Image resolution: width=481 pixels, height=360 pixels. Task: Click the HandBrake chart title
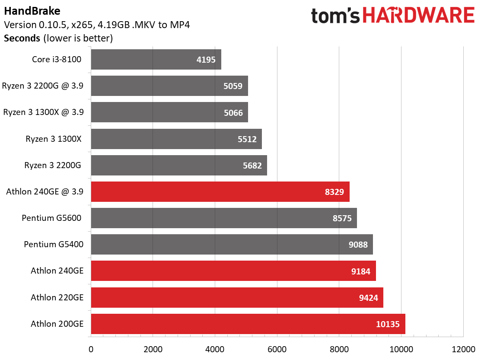[32, 11]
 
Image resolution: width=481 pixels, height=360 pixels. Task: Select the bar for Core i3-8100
[156, 60]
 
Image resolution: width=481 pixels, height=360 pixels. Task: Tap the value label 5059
[233, 86]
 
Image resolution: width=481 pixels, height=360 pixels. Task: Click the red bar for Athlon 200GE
[248, 324]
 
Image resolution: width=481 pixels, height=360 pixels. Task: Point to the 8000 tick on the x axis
[339, 349]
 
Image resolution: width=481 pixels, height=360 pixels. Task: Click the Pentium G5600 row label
[51, 218]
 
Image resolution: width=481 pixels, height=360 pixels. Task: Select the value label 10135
[388, 324]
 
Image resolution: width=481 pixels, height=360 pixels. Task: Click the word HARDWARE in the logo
[419, 15]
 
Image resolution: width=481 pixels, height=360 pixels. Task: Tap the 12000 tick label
[463, 349]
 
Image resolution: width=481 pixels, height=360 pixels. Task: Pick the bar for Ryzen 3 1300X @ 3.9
[169, 112]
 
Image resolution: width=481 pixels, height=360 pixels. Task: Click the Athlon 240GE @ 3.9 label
[45, 191]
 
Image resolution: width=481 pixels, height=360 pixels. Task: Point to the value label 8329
[334, 192]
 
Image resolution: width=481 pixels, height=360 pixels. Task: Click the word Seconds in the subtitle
[22, 38]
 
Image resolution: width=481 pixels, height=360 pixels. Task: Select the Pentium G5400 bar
[232, 245]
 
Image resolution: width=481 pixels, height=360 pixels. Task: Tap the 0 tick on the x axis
[91, 349]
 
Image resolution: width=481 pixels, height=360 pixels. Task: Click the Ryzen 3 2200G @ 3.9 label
[43, 86]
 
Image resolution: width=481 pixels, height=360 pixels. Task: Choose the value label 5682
[252, 166]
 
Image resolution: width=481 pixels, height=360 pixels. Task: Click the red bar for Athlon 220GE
[237, 297]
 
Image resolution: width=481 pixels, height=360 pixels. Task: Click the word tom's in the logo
[335, 16]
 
